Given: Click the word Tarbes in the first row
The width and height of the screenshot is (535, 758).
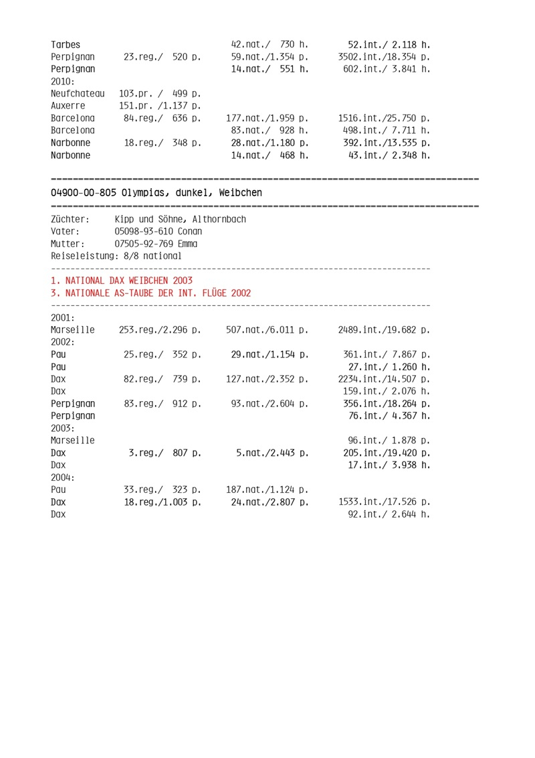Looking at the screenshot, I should [x=66, y=44].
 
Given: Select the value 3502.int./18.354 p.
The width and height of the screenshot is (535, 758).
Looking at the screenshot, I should [x=384, y=57].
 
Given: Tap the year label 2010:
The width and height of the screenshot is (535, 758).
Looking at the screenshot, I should [x=64, y=81].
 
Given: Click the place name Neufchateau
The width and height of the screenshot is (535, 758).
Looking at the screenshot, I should [x=78, y=94].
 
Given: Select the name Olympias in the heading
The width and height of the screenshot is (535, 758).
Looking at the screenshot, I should [x=145, y=193].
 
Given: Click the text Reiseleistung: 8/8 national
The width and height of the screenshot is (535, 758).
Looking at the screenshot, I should [x=116, y=256].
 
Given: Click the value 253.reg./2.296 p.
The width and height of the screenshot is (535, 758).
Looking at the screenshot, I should [x=160, y=329].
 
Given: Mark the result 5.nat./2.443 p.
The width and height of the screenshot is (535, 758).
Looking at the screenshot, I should [x=272, y=453].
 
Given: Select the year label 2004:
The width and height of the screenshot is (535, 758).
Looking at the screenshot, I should [x=64, y=477].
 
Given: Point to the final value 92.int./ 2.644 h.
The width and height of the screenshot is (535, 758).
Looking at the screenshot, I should [x=389, y=514].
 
